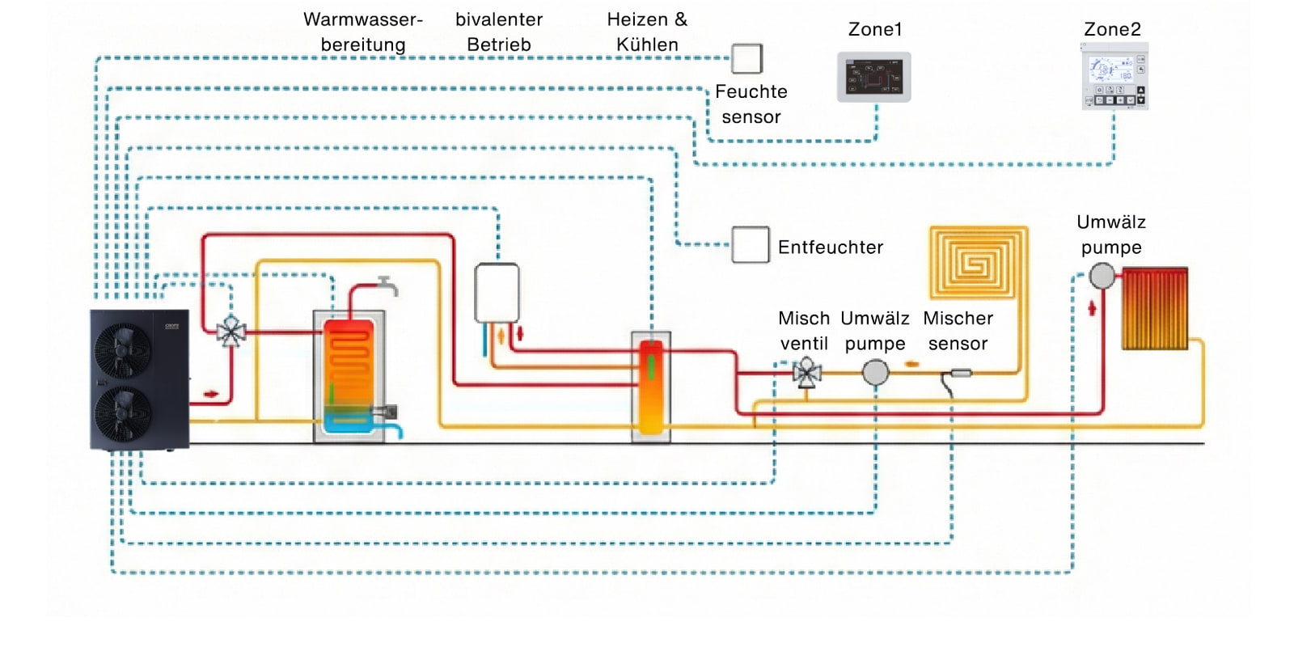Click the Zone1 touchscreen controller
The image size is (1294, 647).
(x=873, y=78)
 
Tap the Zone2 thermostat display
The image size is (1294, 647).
(x=1114, y=77)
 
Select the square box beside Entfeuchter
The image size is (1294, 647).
(x=750, y=245)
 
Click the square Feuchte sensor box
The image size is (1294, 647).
(x=746, y=59)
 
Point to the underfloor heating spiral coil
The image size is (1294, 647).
(x=978, y=263)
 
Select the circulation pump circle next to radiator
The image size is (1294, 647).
(x=1101, y=276)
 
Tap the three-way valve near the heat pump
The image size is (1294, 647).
(x=231, y=331)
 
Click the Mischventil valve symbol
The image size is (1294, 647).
(x=806, y=373)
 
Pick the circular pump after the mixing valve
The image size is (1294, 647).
(x=875, y=373)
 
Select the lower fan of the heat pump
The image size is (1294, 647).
(x=122, y=412)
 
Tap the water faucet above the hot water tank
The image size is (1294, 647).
(x=387, y=285)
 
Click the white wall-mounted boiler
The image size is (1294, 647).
(x=497, y=292)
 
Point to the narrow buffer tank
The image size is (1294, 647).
(x=651, y=387)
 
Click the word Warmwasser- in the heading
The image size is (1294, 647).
(x=362, y=19)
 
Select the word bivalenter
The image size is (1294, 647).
(x=498, y=19)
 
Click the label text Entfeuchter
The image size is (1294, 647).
(x=830, y=247)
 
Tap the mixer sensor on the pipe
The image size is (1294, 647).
(x=960, y=373)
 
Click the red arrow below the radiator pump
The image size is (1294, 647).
(x=1092, y=308)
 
